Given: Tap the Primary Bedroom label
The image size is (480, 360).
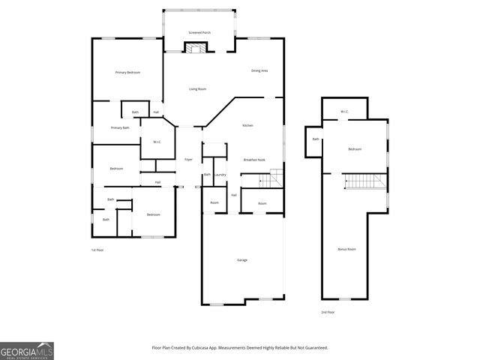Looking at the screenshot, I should point(127,72).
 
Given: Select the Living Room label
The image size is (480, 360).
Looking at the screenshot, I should point(198,89).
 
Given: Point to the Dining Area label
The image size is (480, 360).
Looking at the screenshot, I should point(259,70).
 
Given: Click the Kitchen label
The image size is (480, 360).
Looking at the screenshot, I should point(247,125).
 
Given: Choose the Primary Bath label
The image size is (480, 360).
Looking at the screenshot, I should point(120,128).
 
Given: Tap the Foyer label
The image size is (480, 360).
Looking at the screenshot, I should point(189,160).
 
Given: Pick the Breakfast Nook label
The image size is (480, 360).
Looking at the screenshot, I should point(255,160).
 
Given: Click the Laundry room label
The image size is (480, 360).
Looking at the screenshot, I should point(220,175).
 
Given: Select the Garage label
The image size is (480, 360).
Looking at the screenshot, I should point(242,259).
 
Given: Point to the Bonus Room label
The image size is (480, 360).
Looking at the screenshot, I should point(346,248).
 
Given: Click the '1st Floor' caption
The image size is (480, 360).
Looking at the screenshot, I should point(97,250).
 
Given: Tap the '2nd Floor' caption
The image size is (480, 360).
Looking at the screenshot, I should point(328,311).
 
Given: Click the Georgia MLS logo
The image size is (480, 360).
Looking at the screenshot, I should point(27,351).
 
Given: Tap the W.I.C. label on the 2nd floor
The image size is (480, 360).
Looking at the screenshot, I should point(344,112).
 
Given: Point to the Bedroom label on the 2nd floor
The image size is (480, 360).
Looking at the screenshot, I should point(355,149).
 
